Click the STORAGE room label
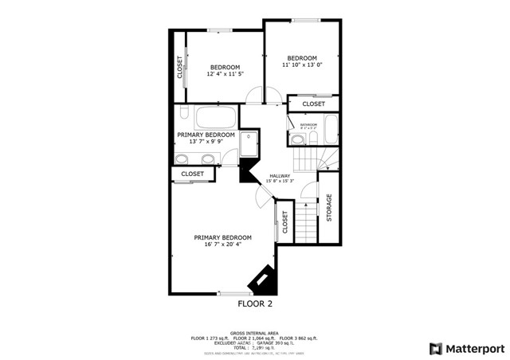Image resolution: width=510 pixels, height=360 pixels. click(328, 207)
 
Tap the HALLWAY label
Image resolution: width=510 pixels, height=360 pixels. click(279, 176)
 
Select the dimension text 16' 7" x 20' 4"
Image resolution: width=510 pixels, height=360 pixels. click(223, 245)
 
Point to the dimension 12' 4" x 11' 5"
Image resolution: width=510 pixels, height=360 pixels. click(225, 74)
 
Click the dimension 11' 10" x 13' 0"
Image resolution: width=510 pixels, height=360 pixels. click(302, 65)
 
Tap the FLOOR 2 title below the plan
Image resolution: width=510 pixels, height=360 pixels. click(255, 304)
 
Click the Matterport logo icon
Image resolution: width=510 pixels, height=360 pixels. click(435, 348)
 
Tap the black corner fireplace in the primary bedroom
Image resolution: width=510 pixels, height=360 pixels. click(262, 280)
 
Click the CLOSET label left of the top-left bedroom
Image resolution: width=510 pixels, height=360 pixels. click(179, 67)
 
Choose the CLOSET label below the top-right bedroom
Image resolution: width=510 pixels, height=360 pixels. click(313, 104)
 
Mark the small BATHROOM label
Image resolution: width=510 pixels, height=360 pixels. click(308, 124)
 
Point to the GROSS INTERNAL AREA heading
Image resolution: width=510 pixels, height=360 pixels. click(255, 334)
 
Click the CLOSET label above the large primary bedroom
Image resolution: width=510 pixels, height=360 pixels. click(192, 174)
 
